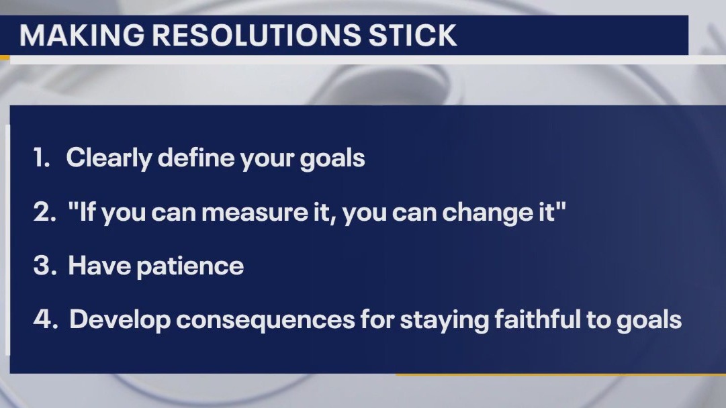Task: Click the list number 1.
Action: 42,158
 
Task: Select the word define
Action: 189,158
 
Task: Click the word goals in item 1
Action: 332,160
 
